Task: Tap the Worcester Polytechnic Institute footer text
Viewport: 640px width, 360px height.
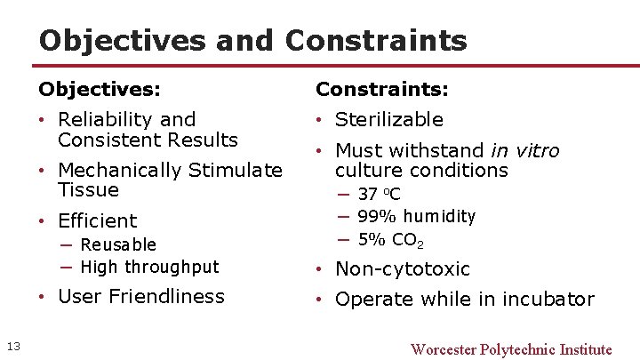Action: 511,349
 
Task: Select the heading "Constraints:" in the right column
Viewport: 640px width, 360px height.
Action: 382,90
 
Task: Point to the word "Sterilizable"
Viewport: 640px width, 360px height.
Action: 389,120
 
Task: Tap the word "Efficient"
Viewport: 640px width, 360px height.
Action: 98,220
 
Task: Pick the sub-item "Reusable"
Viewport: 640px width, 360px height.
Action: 118,244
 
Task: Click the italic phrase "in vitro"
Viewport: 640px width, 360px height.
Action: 525,150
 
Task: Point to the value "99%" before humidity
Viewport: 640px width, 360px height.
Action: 377,217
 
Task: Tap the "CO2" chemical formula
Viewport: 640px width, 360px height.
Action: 408,240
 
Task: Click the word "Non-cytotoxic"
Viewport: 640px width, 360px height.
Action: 403,268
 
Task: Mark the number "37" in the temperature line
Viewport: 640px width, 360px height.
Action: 367,195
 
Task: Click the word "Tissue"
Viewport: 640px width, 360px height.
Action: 88,189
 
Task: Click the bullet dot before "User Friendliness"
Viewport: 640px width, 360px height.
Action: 44,296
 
